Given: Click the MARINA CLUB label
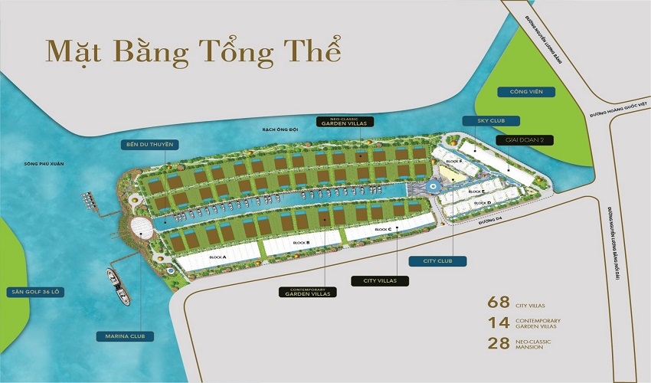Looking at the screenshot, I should [x=126, y=336].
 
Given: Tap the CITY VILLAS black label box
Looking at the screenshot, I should [x=381, y=280].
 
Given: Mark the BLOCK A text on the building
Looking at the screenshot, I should [x=217, y=257].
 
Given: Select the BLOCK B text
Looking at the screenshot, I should [x=301, y=243].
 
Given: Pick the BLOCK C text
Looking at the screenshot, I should [x=384, y=230].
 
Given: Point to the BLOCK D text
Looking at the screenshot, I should [x=483, y=202].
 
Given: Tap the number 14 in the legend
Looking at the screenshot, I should [x=499, y=322].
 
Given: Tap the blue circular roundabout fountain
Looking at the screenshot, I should [x=433, y=185].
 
